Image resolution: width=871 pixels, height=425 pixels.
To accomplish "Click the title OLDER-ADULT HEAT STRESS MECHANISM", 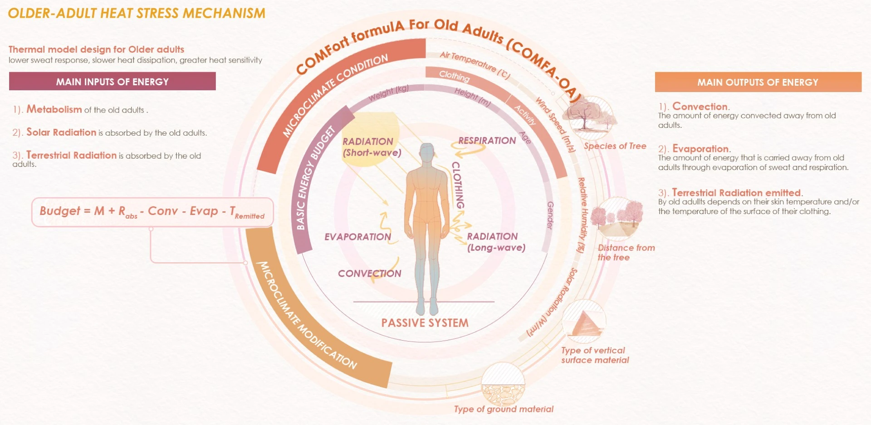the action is pyautogui.click(x=137, y=13).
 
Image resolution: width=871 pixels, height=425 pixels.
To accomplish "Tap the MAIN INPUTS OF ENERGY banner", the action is pyautogui.click(x=113, y=82).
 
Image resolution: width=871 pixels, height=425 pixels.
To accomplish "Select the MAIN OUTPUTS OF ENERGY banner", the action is pyautogui.click(x=758, y=82).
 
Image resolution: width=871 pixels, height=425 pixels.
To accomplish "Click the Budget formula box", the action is pyautogui.click(x=152, y=212).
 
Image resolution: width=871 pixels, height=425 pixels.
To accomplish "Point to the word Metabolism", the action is pyautogui.click(x=54, y=109).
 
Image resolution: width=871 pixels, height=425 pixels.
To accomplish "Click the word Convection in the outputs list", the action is pyautogui.click(x=700, y=107).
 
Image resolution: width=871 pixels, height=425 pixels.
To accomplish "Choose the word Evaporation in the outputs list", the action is pyautogui.click(x=700, y=149).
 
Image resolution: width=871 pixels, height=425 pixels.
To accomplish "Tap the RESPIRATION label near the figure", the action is pyautogui.click(x=487, y=141).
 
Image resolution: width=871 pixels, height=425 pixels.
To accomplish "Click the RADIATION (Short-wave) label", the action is pyautogui.click(x=372, y=147).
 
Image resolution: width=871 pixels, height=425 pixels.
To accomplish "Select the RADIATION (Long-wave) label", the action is pyautogui.click(x=496, y=242).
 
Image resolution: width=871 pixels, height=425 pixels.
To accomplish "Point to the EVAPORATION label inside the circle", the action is pyautogui.click(x=357, y=237).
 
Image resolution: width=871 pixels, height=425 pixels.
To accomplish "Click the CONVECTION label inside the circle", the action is pyautogui.click(x=370, y=274).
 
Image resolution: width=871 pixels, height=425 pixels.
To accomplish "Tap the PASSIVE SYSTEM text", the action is pyautogui.click(x=425, y=323).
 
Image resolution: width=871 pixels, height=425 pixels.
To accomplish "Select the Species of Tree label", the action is pyautogui.click(x=615, y=146).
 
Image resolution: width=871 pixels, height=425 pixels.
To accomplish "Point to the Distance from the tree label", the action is pyautogui.click(x=626, y=253).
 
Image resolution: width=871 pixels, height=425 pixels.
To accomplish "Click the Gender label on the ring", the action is pyautogui.click(x=550, y=215).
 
